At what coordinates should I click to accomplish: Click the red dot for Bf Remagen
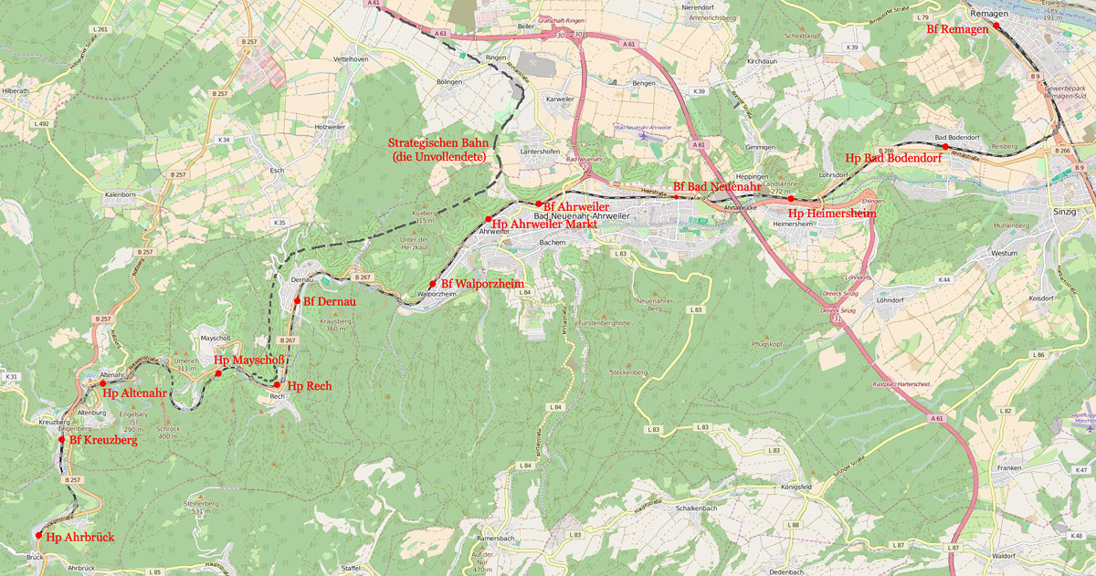click(x=996, y=27)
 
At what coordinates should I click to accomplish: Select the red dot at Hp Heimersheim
click(x=791, y=198)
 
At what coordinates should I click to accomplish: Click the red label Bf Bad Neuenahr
click(x=717, y=186)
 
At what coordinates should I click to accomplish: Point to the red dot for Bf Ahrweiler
click(x=539, y=204)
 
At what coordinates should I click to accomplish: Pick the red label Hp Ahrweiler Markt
click(x=544, y=224)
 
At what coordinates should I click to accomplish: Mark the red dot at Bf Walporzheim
click(x=433, y=284)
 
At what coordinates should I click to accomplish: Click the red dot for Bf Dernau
click(x=297, y=300)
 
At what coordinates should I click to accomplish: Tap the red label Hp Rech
click(x=309, y=386)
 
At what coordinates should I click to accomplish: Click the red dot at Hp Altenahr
click(x=102, y=384)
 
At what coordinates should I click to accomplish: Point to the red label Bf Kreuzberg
click(x=103, y=441)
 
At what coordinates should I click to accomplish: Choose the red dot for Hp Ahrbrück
click(x=38, y=536)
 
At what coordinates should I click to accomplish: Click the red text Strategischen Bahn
click(x=440, y=142)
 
